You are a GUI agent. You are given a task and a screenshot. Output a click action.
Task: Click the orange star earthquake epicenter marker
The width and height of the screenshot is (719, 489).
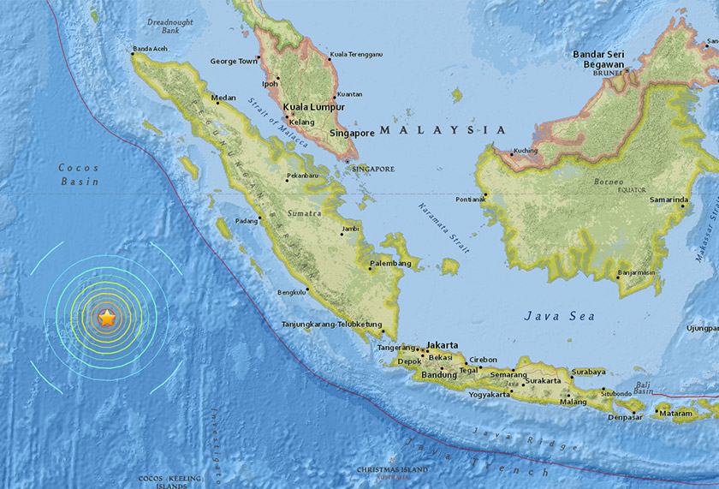tap(106, 319)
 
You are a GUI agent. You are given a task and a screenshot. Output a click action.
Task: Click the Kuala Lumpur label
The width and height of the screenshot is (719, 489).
tap(314, 107)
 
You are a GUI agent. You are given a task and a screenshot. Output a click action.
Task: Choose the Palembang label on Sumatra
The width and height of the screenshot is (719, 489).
tap(390, 263)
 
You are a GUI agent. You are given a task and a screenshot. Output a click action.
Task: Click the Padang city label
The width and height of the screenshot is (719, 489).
tap(246, 219)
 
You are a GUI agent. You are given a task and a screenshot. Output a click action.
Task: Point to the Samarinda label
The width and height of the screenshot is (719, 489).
tap(669, 200)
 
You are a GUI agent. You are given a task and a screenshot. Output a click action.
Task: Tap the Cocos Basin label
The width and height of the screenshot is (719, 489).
tap(79, 175)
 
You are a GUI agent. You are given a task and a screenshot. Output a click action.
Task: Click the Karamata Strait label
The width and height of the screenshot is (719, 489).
tap(444, 227)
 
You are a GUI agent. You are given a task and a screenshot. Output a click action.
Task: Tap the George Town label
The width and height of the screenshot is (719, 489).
tap(234, 62)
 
